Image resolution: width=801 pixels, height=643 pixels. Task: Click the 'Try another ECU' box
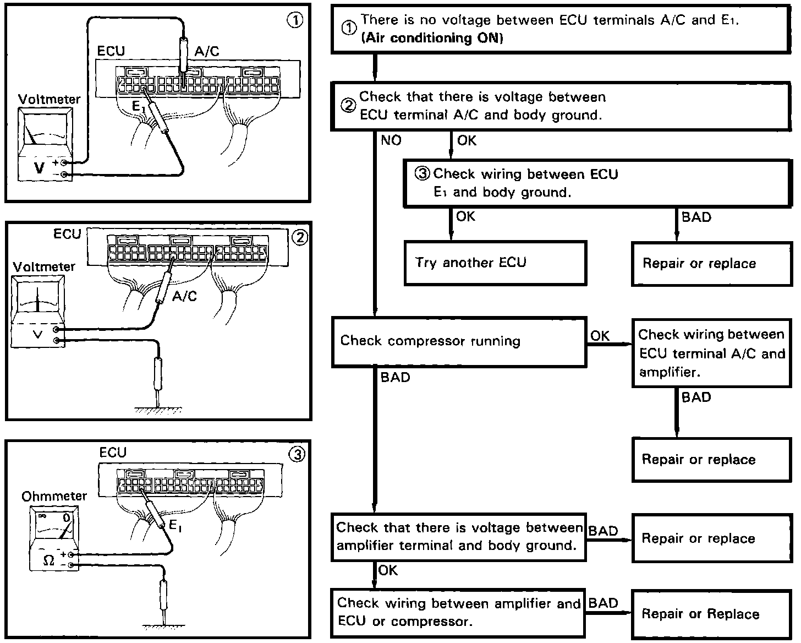tap(495, 263)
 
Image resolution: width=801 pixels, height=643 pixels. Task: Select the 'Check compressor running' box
tap(459, 341)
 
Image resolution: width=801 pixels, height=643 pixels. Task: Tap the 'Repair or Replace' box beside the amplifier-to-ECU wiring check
tap(712, 614)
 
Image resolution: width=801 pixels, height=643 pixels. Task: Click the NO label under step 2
tap(391, 141)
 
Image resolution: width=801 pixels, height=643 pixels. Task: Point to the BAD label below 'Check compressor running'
tap(395, 378)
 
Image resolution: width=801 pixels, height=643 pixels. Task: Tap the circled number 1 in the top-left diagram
tap(295, 20)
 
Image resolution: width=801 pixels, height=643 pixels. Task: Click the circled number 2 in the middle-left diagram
tap(299, 238)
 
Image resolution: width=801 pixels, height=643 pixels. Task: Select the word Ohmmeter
tap(54, 496)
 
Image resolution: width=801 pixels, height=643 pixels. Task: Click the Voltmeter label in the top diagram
tap(49, 100)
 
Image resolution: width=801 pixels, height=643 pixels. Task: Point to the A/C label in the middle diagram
tap(184, 296)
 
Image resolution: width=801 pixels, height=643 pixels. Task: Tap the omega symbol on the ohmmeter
tap(48, 561)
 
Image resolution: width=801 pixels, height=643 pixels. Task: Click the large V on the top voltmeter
tap(39, 167)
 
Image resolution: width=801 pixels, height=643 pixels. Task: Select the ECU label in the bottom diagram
tap(113, 453)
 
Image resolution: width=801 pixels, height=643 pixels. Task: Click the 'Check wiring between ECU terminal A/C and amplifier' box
tap(711, 353)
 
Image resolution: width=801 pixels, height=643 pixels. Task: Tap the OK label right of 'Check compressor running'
tap(600, 335)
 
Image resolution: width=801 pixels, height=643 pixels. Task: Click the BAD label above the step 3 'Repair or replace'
tap(696, 217)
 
